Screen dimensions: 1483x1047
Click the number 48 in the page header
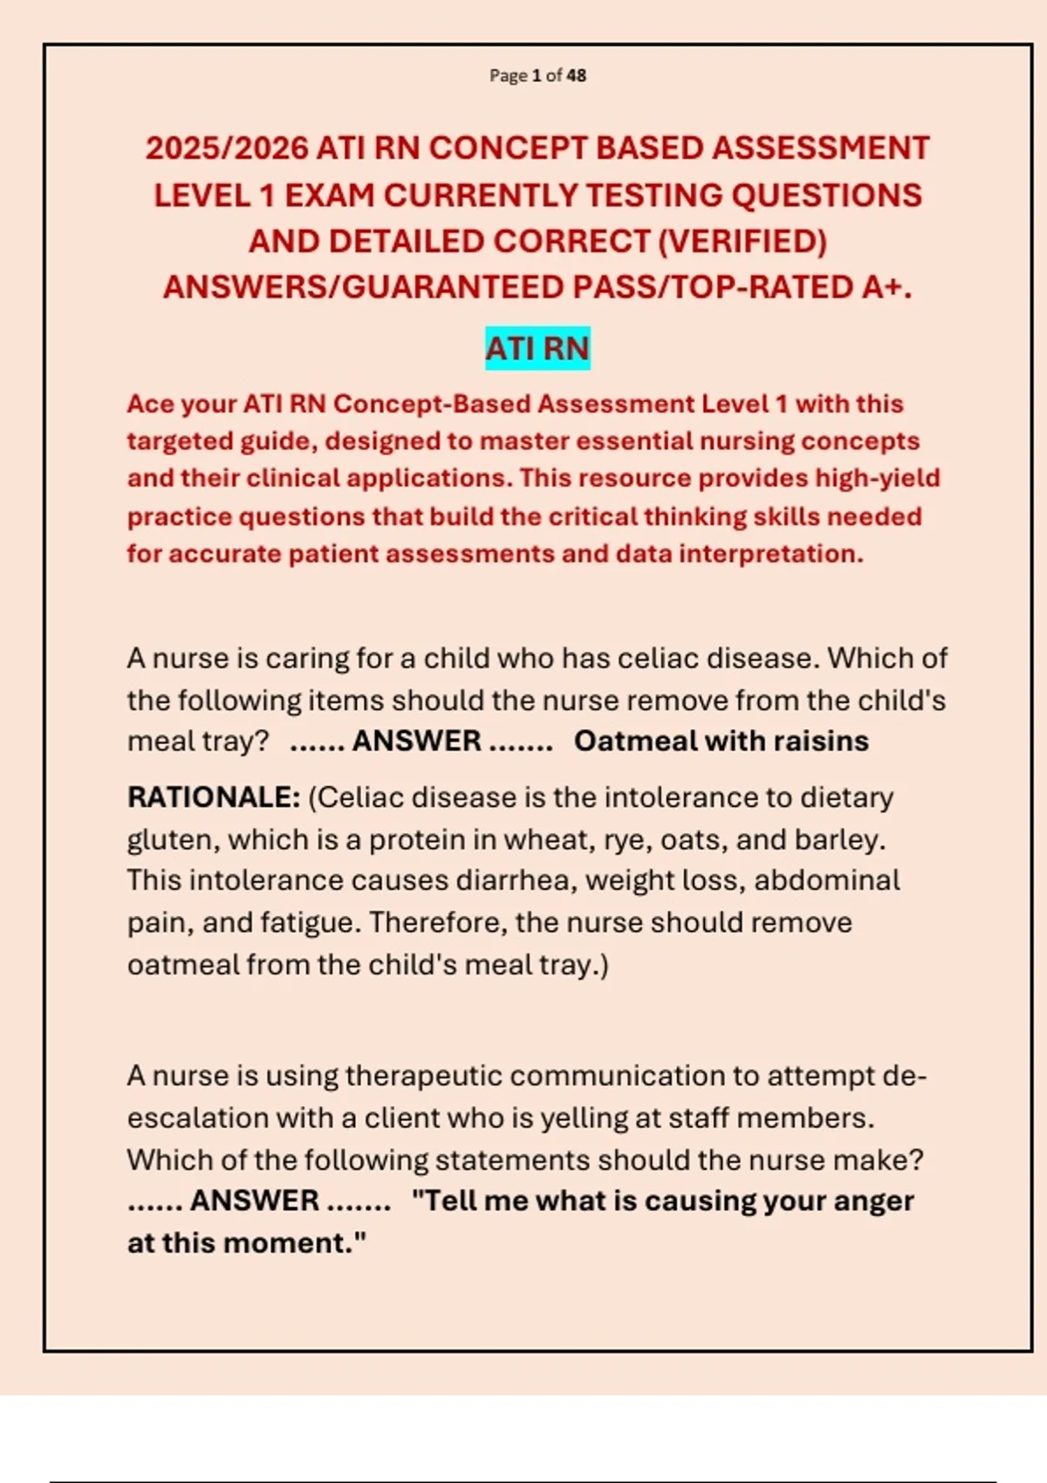tap(576, 76)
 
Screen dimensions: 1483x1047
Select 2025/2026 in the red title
tap(226, 148)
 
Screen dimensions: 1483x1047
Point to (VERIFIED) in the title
tap(742, 242)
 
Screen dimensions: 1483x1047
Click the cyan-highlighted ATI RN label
tap(537, 348)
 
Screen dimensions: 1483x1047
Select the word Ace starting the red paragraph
tap(149, 404)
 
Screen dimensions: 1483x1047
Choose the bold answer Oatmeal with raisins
tap(721, 741)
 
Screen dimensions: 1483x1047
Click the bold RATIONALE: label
tap(214, 797)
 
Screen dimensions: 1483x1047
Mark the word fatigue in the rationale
tap(312, 923)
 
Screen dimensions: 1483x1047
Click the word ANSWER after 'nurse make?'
tap(255, 1201)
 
